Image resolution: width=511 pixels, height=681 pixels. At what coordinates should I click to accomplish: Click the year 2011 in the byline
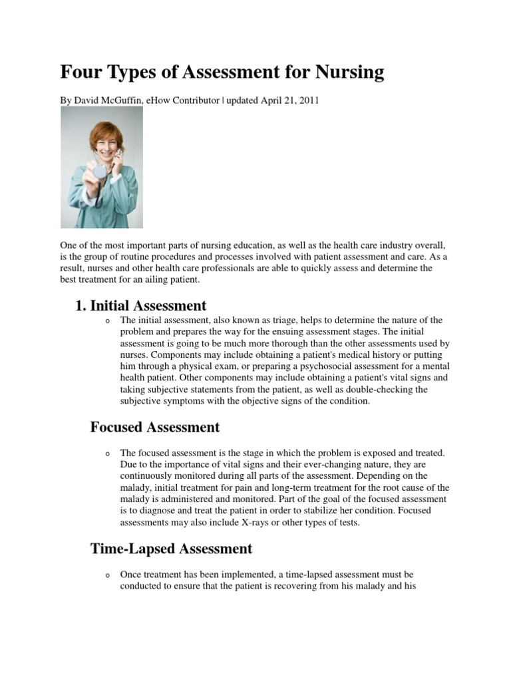point(307,100)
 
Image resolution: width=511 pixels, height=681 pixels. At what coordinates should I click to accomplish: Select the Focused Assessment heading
point(154,426)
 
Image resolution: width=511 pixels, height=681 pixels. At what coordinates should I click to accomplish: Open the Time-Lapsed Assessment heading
point(171,549)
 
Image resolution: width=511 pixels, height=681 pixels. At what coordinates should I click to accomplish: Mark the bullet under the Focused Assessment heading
point(106,454)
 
